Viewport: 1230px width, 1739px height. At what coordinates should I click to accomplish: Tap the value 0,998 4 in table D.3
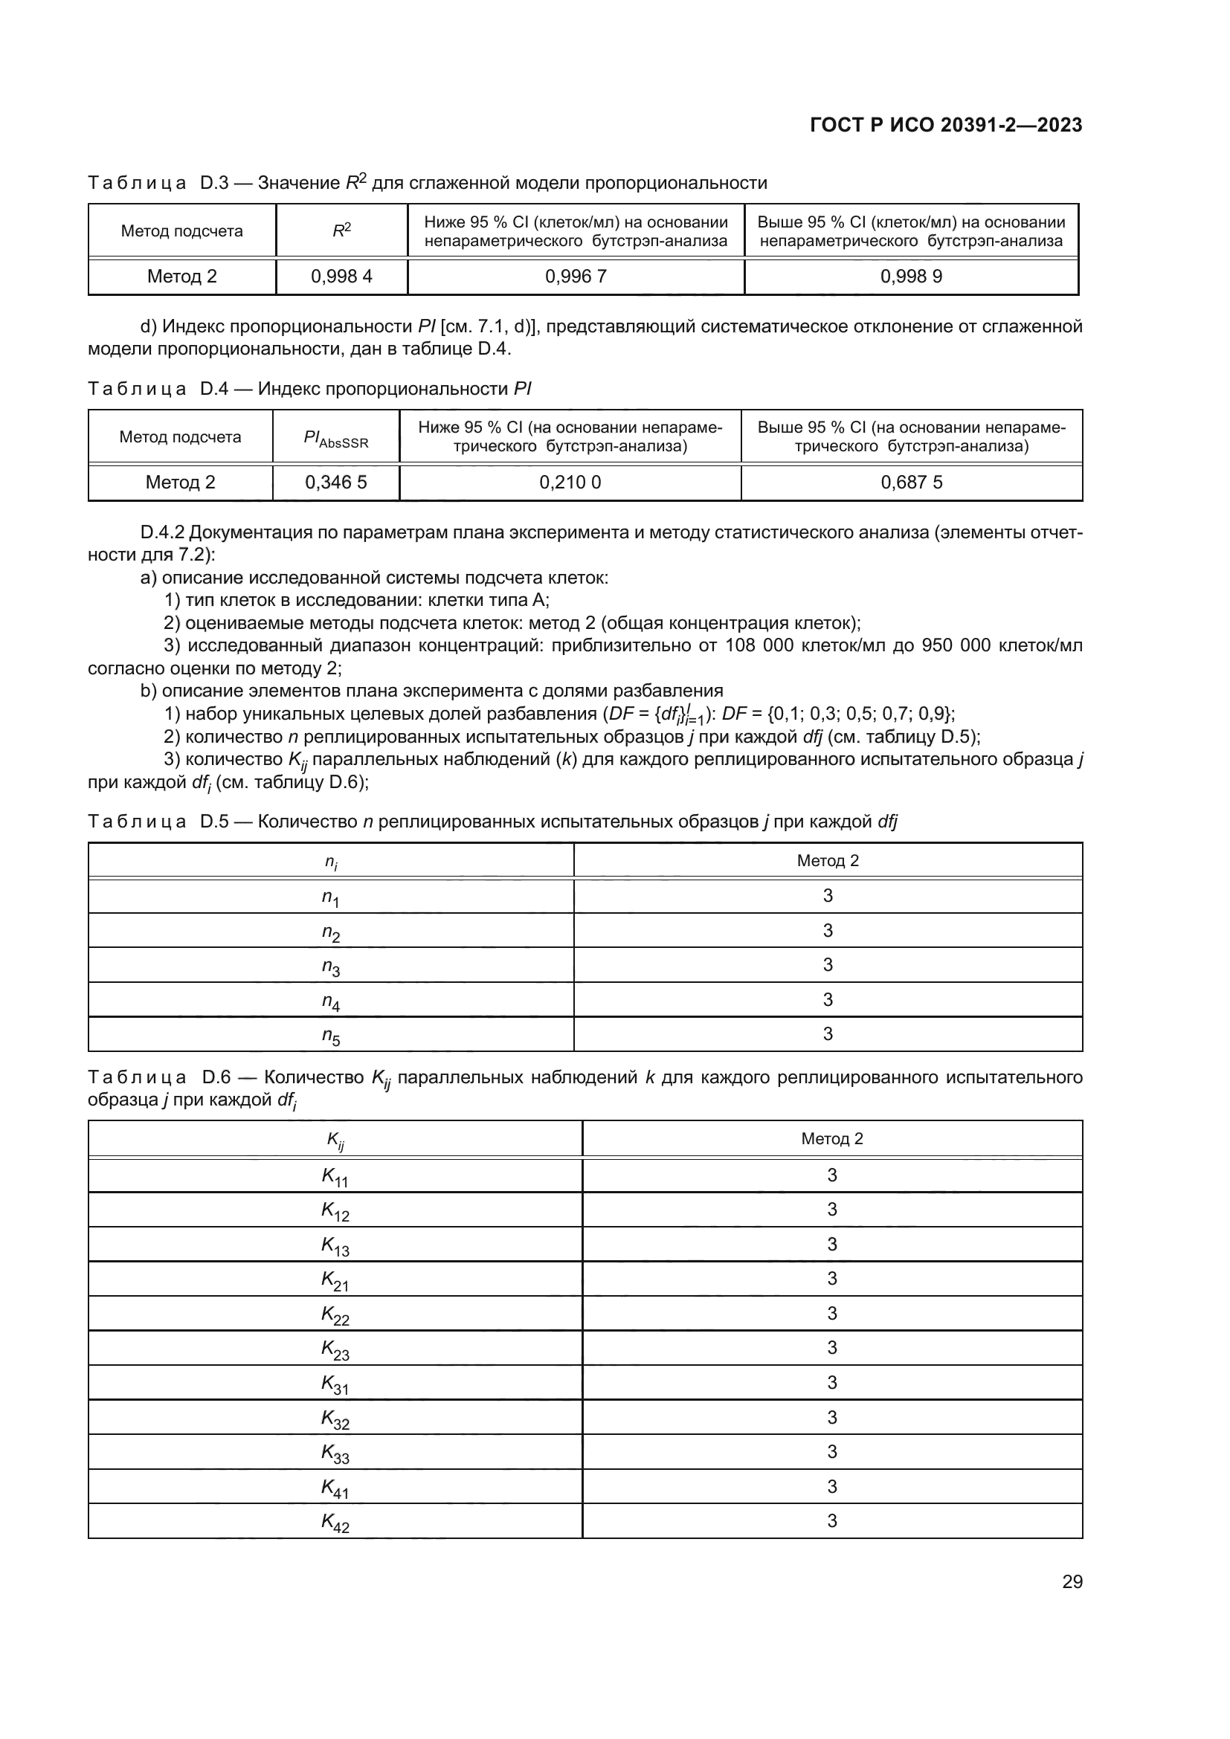point(341,277)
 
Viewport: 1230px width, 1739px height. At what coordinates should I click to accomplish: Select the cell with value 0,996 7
point(576,277)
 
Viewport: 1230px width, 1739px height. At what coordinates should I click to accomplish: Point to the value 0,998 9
point(911,277)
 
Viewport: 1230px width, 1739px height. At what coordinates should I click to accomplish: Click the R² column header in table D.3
point(341,230)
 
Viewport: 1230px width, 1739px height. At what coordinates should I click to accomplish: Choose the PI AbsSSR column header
point(335,438)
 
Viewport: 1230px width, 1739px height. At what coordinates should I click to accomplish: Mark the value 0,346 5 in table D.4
point(335,483)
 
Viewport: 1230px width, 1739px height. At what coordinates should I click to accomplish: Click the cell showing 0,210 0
point(570,483)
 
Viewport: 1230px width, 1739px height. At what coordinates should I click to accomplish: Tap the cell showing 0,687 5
point(911,483)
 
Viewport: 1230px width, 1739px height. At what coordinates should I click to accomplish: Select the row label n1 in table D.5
point(330,897)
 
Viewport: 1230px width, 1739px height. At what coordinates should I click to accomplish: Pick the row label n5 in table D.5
point(330,1036)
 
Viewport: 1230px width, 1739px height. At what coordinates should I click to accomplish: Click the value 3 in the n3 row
point(828,965)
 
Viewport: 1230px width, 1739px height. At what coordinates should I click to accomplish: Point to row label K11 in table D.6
point(335,1176)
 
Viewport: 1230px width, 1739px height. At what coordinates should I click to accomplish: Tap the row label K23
point(335,1349)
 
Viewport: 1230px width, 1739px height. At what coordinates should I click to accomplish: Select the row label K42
point(335,1522)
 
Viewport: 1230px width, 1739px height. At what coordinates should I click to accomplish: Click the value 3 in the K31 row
point(831,1383)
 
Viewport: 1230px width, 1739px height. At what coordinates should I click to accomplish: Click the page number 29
point(1072,1582)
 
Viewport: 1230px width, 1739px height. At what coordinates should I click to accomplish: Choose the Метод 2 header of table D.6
point(831,1138)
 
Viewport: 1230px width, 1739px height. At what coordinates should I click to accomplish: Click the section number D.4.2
point(162,532)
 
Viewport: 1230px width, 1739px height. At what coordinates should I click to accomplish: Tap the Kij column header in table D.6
point(335,1140)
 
